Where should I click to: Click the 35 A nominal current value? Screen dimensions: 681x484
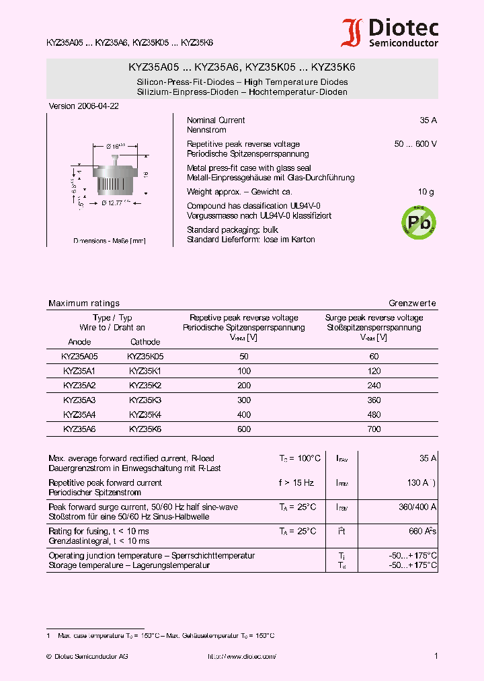click(x=428, y=120)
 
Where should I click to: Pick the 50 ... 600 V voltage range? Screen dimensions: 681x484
click(x=415, y=144)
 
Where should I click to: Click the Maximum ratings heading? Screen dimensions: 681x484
click(x=84, y=303)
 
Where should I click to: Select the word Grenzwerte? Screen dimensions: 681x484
click(x=412, y=303)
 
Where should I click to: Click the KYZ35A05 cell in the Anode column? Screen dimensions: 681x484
click(x=80, y=356)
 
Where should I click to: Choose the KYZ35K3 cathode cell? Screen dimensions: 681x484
click(x=145, y=400)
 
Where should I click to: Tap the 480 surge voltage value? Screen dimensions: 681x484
click(x=374, y=415)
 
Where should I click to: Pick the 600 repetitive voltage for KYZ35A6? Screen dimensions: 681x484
click(x=244, y=429)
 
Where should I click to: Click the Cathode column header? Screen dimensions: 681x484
click(x=145, y=342)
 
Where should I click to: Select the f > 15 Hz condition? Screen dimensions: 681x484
click(x=296, y=482)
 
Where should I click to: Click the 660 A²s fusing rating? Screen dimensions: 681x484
click(x=422, y=531)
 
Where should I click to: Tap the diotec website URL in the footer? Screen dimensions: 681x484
click(x=242, y=656)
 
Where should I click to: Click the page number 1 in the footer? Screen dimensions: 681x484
click(x=436, y=656)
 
